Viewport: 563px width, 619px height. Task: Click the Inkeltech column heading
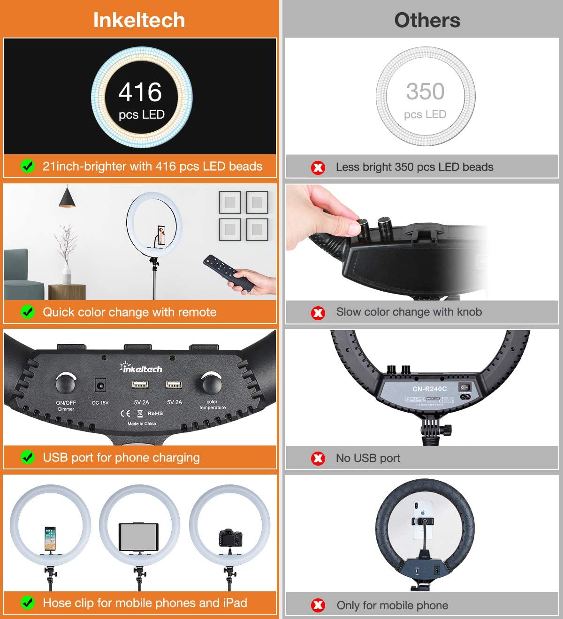(139, 20)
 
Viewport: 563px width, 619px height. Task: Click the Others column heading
(427, 20)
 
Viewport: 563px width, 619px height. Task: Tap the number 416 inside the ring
(140, 92)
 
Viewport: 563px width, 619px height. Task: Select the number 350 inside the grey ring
(425, 91)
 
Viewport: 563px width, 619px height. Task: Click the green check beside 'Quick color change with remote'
(28, 312)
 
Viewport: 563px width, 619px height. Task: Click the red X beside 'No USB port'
(318, 459)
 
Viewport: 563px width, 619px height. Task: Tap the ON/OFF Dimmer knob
(66, 383)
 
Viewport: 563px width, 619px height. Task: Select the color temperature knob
(212, 382)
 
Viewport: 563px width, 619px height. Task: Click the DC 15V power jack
(100, 385)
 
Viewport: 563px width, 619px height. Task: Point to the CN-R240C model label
(429, 389)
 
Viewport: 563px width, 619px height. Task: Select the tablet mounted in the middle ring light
(139, 537)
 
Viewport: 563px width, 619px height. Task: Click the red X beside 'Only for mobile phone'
(318, 605)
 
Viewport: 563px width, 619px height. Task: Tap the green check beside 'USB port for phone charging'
(28, 458)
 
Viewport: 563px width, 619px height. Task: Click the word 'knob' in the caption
(469, 312)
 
